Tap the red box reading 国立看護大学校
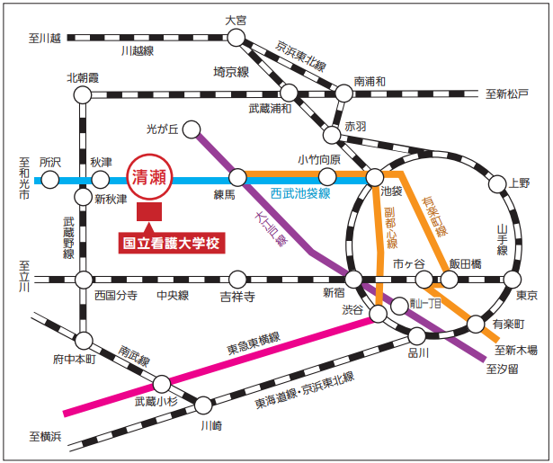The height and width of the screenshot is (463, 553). point(171,242)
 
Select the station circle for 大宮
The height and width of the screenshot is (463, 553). point(236,37)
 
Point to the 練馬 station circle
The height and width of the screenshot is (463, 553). point(237,177)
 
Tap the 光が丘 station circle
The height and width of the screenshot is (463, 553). point(192,130)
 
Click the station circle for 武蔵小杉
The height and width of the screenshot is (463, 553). point(163,383)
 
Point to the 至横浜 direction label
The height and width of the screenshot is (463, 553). point(43,438)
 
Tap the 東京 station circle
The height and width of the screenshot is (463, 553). point(513,279)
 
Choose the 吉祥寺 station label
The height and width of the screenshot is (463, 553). point(236,296)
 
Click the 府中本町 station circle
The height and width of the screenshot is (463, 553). point(83,341)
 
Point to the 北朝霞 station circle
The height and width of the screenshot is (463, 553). point(84,93)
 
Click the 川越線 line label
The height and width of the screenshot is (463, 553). point(138,53)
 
